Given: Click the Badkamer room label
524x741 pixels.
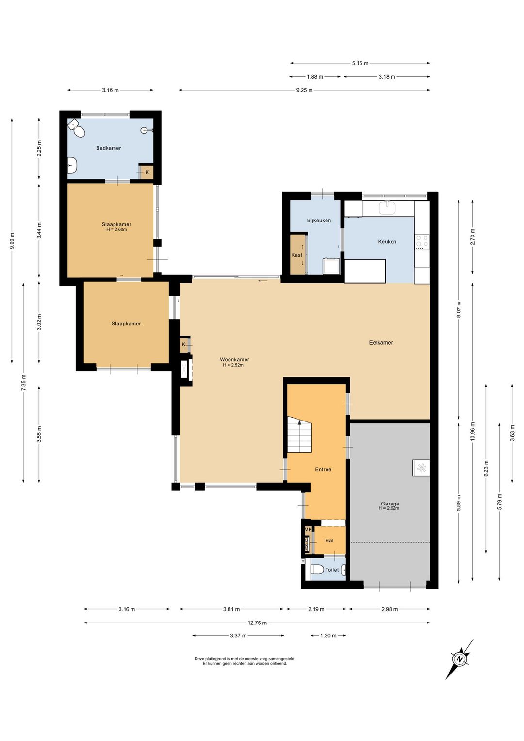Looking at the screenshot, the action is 108,148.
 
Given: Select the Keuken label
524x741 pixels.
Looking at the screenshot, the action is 387,241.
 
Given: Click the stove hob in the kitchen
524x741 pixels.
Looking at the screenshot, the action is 422,242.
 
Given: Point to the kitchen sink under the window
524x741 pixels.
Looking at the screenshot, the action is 388,208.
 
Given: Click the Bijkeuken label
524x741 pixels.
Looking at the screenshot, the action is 319,220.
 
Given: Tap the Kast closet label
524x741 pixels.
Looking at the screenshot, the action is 296,255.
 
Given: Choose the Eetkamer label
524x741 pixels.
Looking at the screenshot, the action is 381,343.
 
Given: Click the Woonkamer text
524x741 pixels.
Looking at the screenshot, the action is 234,360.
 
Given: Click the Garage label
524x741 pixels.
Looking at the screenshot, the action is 390,504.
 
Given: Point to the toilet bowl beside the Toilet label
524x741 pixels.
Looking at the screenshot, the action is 317,569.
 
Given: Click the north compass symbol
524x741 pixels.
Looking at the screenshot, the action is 459,659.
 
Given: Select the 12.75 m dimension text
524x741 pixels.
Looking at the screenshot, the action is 257,623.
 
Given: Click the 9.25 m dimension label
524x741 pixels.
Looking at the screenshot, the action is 304,90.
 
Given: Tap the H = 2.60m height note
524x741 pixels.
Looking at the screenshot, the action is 116,229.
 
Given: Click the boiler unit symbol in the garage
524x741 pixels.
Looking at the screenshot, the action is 421,468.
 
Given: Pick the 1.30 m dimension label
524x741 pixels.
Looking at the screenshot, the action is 328,636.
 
